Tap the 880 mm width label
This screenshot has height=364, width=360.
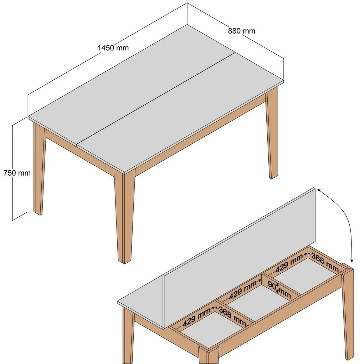pos(242,31)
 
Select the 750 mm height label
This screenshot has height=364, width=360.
pos(17,173)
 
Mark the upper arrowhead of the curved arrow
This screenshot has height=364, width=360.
pos(318,191)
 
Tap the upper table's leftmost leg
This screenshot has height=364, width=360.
pos(39,168)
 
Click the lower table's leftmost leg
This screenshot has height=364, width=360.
pos(128,335)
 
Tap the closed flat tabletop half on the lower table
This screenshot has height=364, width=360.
pos(143,307)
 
